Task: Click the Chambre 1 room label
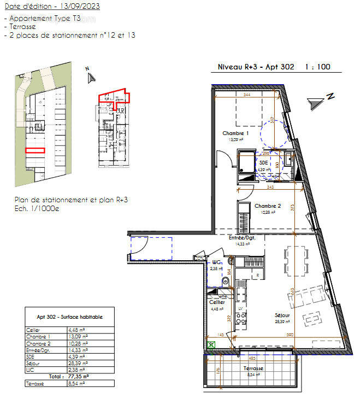(235, 133)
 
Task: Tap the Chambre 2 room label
(267, 206)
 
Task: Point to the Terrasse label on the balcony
(252, 368)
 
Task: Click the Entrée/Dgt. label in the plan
(242, 238)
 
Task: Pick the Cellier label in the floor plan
(217, 302)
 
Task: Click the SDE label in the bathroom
(264, 163)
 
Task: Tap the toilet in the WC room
(225, 282)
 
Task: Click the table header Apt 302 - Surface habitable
(69, 317)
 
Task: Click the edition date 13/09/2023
(80, 7)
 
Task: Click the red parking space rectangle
(35, 150)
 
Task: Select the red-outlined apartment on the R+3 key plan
(114, 96)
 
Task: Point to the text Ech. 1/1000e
(37, 208)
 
